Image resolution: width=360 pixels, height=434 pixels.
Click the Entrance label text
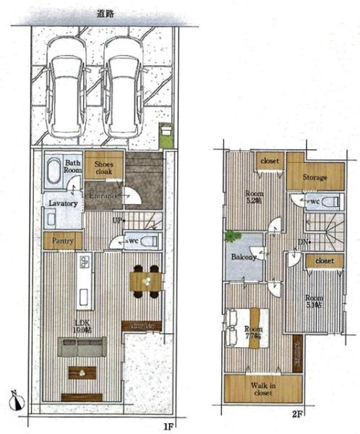coord(104,195)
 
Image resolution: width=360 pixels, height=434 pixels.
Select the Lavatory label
coord(63,204)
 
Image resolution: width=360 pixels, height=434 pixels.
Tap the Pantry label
coord(62,241)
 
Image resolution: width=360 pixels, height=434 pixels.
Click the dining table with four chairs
coord(145,280)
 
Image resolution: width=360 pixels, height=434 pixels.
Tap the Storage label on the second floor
coord(314,177)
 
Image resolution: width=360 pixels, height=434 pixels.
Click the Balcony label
coord(244,257)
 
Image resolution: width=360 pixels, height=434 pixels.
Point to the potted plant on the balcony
coord(231,237)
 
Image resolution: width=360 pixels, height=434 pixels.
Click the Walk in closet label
coord(262,389)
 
